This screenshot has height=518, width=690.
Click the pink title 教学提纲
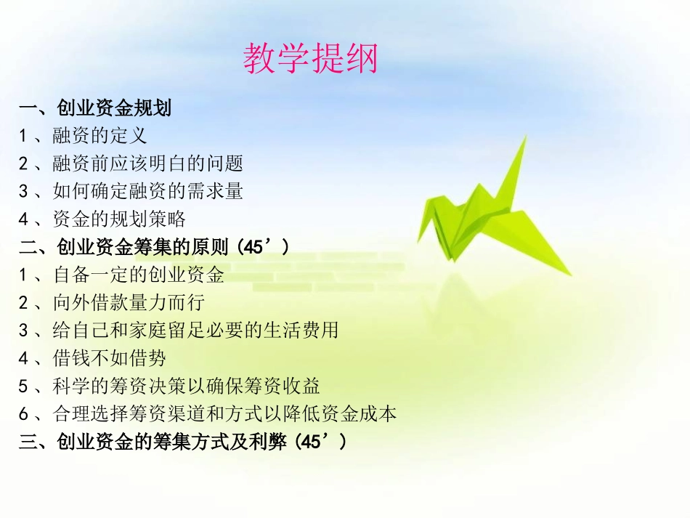tap(310, 58)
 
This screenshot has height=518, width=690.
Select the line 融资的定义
tap(100, 137)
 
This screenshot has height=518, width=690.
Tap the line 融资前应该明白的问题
tap(147, 164)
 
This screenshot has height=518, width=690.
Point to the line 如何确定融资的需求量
tap(147, 192)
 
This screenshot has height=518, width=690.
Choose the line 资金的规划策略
tap(119, 219)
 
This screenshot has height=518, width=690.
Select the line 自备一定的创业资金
tap(138, 275)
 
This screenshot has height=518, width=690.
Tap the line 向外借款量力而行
tap(129, 303)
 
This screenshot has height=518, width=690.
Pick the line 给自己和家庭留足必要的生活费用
tap(195, 331)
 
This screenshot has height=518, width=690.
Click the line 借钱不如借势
tap(110, 358)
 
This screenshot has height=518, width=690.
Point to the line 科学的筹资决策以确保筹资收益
tap(186, 386)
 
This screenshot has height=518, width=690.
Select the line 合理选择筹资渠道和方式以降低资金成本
tap(224, 414)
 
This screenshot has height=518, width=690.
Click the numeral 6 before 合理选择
tap(24, 415)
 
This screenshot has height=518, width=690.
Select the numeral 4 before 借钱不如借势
tap(24, 359)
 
